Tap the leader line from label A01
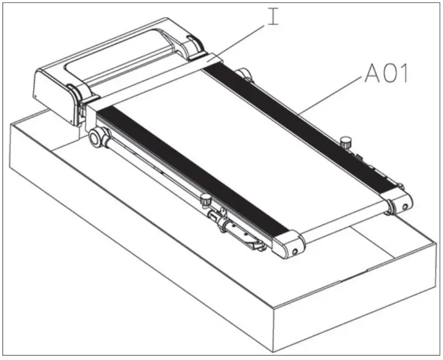click(x=331, y=94)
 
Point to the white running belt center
click(x=245, y=148)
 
